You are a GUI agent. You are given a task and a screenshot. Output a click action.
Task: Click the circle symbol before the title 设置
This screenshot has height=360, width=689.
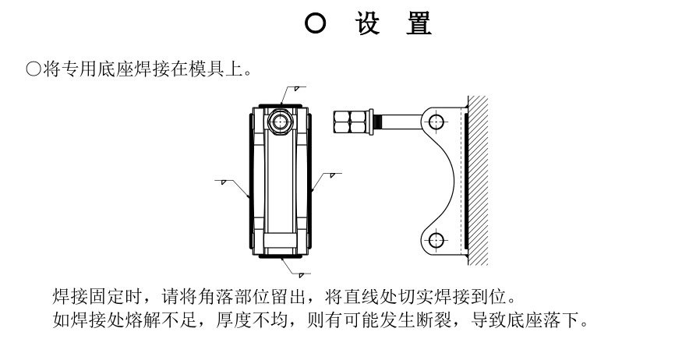coord(316,23)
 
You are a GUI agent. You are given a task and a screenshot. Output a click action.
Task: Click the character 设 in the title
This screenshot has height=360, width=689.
coord(367,23)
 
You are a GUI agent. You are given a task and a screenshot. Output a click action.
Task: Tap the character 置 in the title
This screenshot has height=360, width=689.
coord(419,23)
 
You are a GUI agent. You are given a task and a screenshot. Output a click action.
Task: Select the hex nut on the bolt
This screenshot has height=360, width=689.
coord(350,122)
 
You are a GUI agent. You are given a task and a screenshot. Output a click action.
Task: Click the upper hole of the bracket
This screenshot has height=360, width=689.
coord(436,122)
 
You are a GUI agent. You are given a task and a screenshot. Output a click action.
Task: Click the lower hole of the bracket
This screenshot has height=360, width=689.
coord(436,240)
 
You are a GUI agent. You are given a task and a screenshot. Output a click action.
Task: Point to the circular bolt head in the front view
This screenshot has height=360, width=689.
coord(280,122)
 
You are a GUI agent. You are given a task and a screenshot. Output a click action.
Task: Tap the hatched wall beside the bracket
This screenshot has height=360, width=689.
coord(478,181)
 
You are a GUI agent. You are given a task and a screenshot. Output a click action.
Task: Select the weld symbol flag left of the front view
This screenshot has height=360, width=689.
coord(224,182)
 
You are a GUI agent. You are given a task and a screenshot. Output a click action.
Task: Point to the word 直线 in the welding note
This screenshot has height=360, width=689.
coord(361,297)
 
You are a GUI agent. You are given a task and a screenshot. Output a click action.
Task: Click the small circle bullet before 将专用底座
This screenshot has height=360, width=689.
coord(34,69)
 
